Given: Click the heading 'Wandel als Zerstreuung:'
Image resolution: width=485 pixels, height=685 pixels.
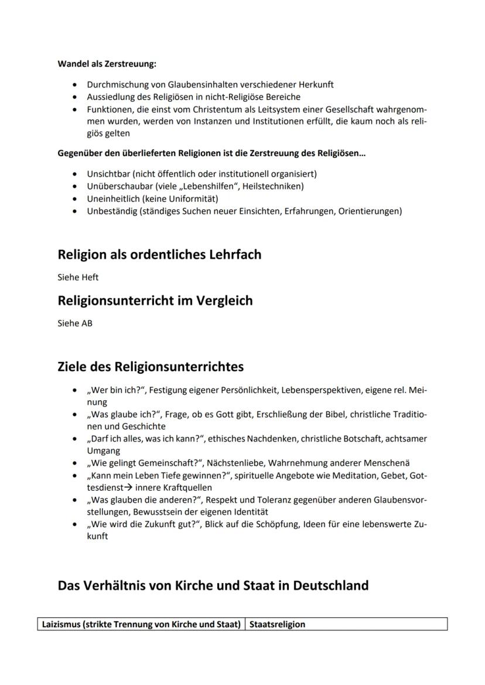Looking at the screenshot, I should point(107,64).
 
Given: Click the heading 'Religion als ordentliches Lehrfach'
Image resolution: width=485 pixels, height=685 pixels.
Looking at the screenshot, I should point(159,254).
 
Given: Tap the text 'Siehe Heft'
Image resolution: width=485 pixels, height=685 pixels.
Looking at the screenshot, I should point(74,277).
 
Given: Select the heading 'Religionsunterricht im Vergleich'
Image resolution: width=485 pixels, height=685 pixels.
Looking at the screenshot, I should point(155,301).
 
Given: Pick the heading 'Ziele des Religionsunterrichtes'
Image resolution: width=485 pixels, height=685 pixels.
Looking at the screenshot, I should point(151,367).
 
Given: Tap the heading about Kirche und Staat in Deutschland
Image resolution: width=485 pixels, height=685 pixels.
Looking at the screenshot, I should point(213,586).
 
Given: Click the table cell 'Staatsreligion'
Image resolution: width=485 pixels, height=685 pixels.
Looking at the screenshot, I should point(278,624).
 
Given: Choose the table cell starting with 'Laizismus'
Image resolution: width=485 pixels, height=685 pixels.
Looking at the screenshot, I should point(141,624).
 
